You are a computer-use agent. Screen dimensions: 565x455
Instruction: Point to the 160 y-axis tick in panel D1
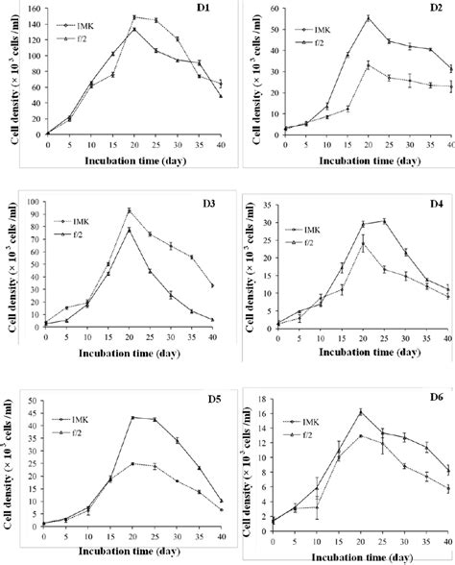coord(36,9)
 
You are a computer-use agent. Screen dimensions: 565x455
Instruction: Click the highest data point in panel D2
coord(369,18)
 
